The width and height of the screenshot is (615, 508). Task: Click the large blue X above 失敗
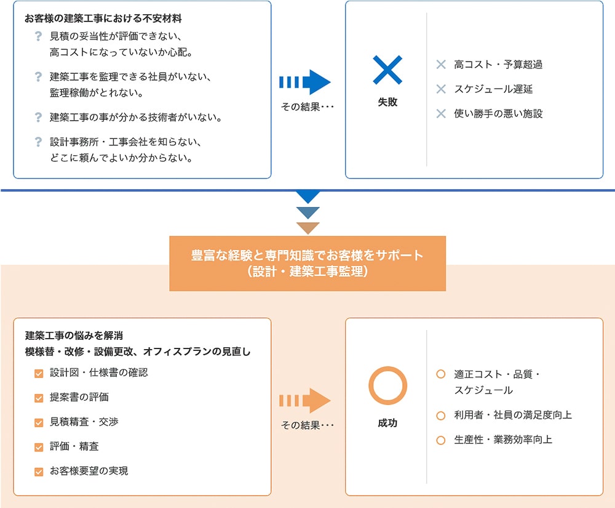[387, 70]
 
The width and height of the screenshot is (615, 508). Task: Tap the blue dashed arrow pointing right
[305, 82]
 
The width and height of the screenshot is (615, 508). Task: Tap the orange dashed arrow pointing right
[305, 400]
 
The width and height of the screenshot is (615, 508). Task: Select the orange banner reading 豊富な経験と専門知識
[307, 264]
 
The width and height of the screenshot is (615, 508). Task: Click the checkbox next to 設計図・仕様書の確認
[39, 373]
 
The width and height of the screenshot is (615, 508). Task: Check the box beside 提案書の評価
[39, 398]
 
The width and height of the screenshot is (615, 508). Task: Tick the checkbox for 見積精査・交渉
[39, 422]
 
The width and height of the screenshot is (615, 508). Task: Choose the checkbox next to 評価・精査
[39, 447]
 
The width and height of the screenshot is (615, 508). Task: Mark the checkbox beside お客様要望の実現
[39, 472]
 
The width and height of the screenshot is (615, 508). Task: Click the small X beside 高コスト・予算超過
[441, 65]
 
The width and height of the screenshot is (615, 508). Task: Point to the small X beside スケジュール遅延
[441, 89]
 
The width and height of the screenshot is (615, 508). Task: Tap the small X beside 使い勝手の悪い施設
[441, 113]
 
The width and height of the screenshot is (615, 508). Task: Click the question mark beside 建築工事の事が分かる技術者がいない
[38, 117]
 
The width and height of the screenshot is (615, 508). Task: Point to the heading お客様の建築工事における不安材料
[103, 18]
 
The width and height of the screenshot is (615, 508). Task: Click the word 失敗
[387, 102]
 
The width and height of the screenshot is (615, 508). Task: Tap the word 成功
[387, 423]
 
